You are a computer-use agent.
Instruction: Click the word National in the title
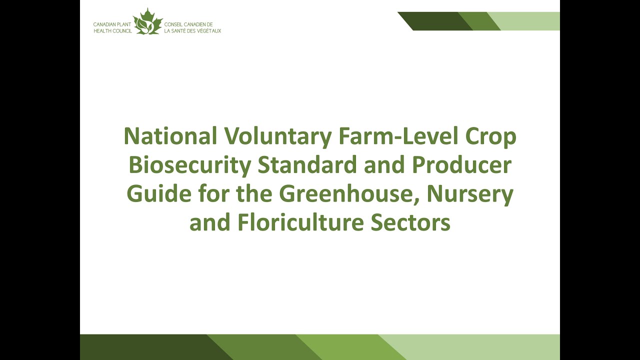coord(170,137)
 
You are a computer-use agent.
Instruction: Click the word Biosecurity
coord(190,166)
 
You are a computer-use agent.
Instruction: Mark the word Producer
coord(458,165)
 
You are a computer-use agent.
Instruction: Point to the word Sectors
coord(410,222)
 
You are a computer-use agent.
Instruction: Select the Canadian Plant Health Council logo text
coord(112,27)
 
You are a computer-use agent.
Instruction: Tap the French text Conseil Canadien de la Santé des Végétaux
coord(192,27)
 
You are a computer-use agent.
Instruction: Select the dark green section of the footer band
coord(145,347)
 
